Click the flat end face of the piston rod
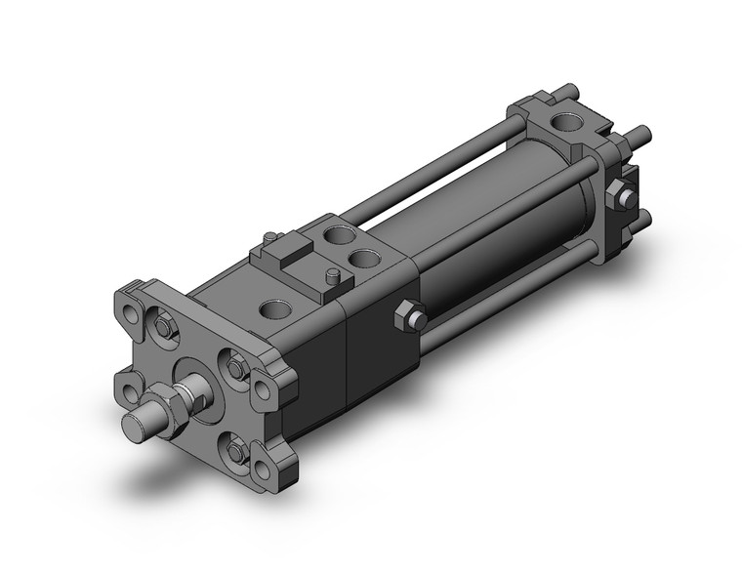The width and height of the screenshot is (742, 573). pyautogui.click(x=135, y=426)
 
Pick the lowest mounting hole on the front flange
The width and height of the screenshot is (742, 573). pyautogui.click(x=261, y=471)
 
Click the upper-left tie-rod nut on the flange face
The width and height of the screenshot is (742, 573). pyautogui.click(x=165, y=329)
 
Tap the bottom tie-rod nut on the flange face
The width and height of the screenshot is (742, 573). pyautogui.click(x=235, y=451)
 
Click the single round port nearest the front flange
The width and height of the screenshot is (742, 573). pyautogui.click(x=276, y=311)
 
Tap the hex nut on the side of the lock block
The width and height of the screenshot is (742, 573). pyautogui.click(x=409, y=317)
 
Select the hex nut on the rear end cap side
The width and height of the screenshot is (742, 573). pyautogui.click(x=619, y=196)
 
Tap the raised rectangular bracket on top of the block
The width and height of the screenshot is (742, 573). pyautogui.click(x=286, y=261)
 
